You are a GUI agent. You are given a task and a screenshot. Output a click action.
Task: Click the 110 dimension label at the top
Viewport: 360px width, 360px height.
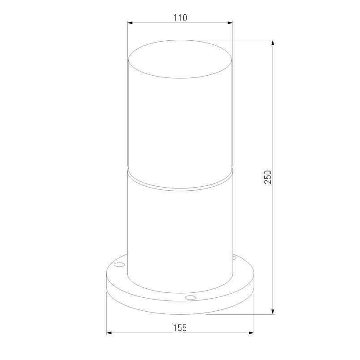[x=180, y=17]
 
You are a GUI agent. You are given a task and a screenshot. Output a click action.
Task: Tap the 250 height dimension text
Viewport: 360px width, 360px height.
[x=268, y=177]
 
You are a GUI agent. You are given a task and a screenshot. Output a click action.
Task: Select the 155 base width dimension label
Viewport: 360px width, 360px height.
[x=180, y=328]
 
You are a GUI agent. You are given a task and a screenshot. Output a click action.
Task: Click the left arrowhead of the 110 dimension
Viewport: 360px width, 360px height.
[x=130, y=22]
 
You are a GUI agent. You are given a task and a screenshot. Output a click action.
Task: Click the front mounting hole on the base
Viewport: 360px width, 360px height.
[x=190, y=297]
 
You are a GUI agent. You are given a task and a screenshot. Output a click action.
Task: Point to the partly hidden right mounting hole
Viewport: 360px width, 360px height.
[x=234, y=258]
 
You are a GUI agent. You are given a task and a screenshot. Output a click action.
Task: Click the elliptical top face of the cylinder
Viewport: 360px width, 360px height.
[x=180, y=60]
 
